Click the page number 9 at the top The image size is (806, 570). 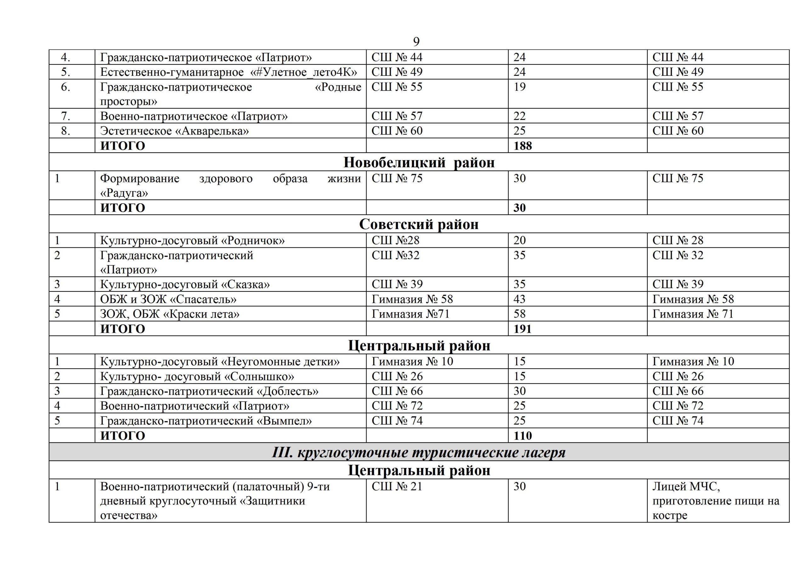416,42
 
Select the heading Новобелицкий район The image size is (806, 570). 419,162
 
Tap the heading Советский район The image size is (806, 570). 419,224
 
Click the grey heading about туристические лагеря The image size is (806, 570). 419,452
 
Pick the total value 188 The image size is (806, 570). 523,146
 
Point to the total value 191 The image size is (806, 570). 522,329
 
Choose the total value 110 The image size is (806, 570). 523,436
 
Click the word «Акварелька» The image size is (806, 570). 212,131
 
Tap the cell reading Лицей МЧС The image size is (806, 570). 686,487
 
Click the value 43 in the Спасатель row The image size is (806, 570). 519,299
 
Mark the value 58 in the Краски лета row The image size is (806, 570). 519,314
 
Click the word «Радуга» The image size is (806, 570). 124,193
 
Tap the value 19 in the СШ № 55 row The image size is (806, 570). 519,87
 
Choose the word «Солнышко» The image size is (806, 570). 259,376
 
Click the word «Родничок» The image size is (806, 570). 253,240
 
